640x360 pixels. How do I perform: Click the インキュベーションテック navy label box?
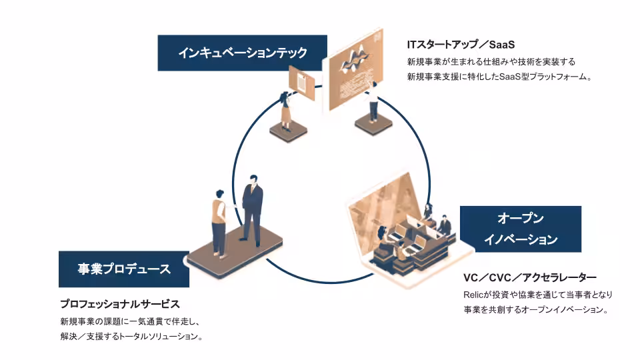(x=243, y=53)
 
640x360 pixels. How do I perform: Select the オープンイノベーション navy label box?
(x=520, y=229)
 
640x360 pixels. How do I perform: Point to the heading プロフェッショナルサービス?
(x=120, y=304)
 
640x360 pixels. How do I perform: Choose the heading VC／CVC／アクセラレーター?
(x=529, y=277)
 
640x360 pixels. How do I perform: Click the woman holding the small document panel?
(x=286, y=111)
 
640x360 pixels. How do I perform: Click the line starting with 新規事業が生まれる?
(x=491, y=61)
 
